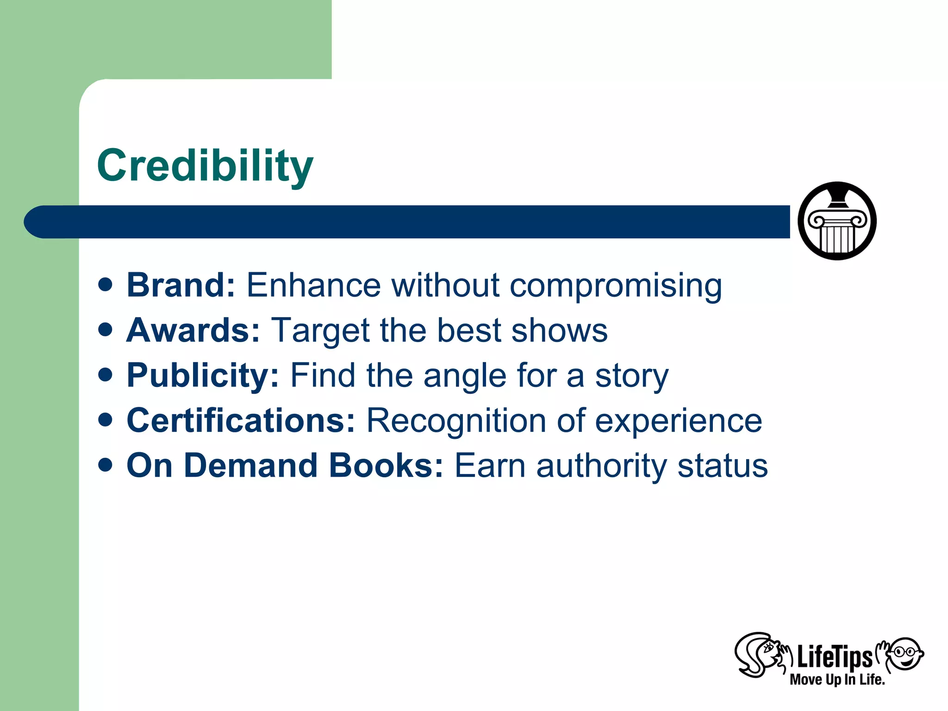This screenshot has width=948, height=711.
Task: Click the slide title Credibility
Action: tap(205, 166)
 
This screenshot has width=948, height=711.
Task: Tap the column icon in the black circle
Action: tap(837, 221)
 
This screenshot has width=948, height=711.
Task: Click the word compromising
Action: tap(616, 286)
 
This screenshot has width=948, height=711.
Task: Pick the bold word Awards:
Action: tap(193, 330)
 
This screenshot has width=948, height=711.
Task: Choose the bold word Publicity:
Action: tap(203, 375)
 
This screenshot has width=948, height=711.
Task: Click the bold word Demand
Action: tap(250, 465)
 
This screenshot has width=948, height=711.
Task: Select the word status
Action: tap(723, 465)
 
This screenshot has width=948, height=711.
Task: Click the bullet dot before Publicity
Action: tap(106, 374)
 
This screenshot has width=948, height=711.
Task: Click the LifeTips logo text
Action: tap(834, 657)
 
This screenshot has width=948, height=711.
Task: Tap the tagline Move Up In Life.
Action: tap(837, 680)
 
